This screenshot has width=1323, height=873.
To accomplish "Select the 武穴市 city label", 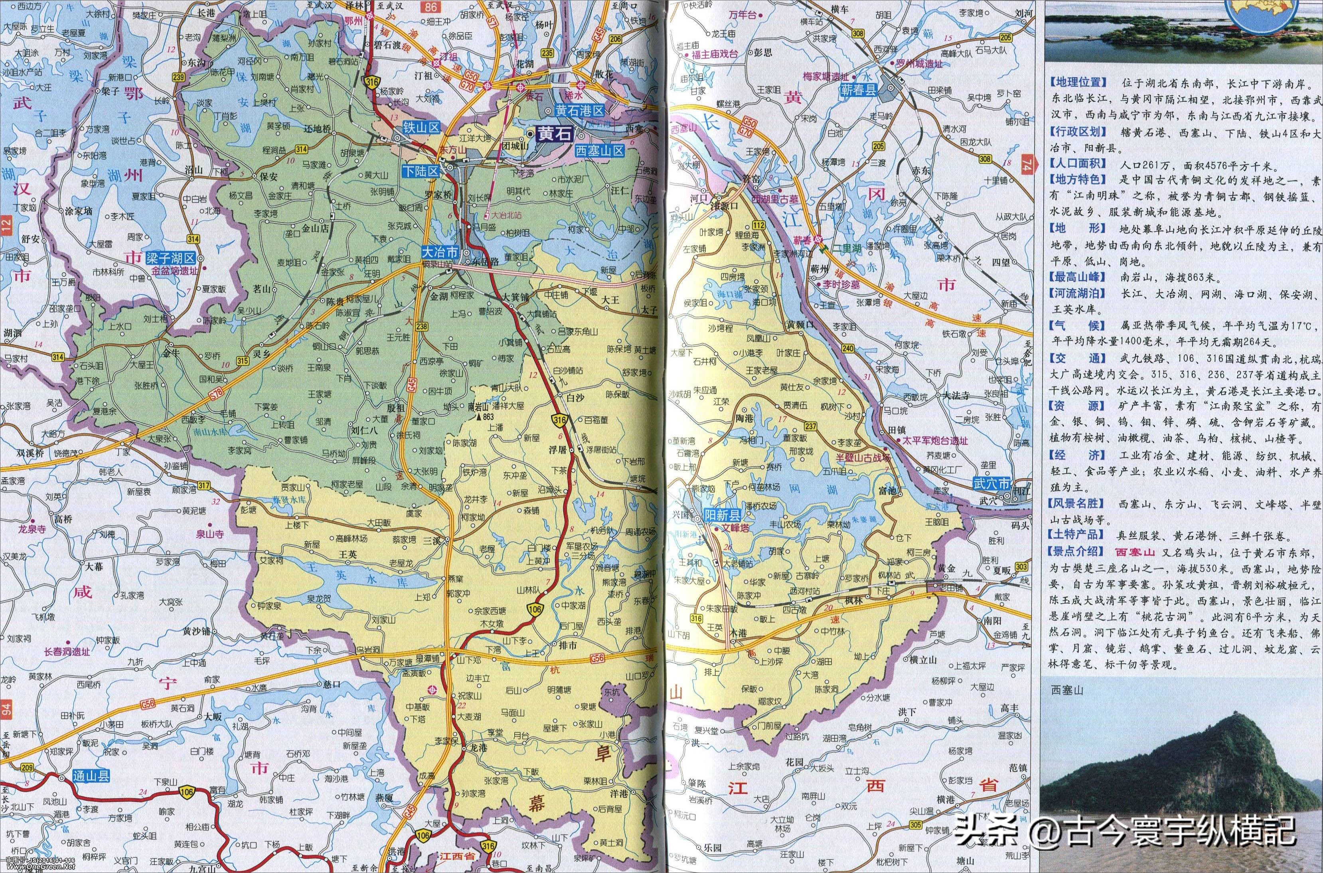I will click(991, 484).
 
